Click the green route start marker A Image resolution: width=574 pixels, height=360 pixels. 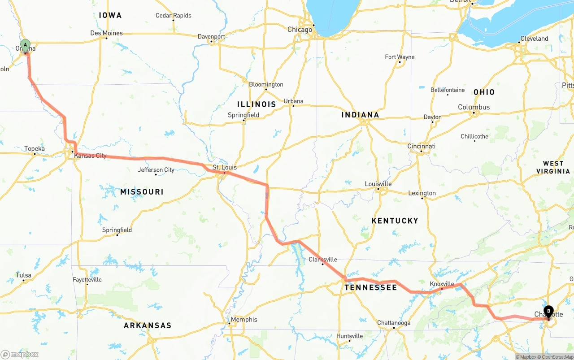click(26, 45)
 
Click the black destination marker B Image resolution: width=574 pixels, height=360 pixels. click(548, 311)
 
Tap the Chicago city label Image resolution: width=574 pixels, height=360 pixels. click(300, 30)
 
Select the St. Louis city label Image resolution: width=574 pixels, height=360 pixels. click(225, 167)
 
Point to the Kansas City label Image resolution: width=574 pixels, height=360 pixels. click(91, 156)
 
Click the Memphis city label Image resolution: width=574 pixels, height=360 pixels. click(244, 320)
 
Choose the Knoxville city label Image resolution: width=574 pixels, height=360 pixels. click(442, 284)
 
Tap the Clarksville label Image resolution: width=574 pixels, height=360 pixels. click(323, 260)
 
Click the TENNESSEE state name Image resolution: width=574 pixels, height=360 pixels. click(371, 287)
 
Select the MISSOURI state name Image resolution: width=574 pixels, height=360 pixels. click(142, 192)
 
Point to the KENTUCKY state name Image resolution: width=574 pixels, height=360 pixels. click(395, 221)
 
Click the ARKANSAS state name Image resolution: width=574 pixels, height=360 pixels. click(148, 325)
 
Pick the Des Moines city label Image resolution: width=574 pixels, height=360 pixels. click(106, 33)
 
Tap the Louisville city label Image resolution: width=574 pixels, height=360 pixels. click(378, 184)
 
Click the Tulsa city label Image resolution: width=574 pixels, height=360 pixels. click(23, 275)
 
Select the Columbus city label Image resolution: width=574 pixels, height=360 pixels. click(474, 107)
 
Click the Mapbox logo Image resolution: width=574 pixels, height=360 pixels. click(20, 354)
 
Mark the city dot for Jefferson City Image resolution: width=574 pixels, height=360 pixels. click(156, 174)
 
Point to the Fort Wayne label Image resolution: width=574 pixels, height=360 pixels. click(400, 57)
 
